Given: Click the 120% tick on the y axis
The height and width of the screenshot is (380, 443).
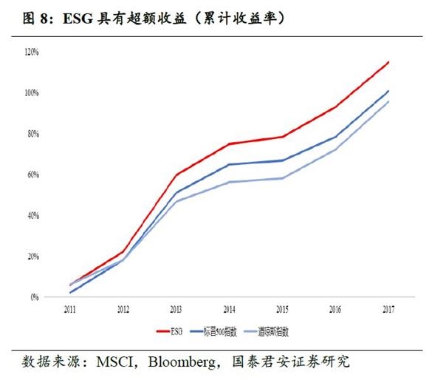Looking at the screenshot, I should tap(32, 52).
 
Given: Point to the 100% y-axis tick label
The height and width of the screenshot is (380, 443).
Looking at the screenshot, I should tap(32, 92).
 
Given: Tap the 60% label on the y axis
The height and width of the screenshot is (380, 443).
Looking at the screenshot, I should tap(33, 174).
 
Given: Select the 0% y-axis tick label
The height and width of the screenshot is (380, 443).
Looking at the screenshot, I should tap(35, 297).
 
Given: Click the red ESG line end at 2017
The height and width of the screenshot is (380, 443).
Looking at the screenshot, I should tap(389, 62).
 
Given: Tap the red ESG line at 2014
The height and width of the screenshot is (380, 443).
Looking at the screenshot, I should tap(229, 143).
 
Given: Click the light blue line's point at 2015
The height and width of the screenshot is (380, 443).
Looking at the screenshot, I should tap(282, 178).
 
